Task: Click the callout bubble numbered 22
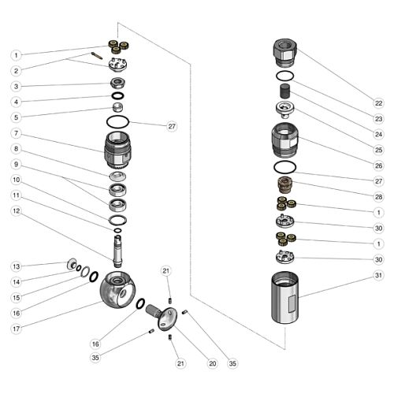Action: tap(378, 103)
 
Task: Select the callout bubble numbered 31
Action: tap(378, 275)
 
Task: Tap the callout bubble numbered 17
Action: tap(17, 329)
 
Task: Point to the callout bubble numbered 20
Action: tap(213, 363)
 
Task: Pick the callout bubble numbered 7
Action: tap(17, 133)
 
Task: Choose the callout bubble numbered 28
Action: tap(378, 197)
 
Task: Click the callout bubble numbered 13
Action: tap(17, 266)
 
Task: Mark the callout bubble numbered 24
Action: tap(378, 135)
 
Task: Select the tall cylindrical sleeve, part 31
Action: tap(285, 298)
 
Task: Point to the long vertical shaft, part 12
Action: tap(117, 251)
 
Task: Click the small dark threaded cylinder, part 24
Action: tap(285, 91)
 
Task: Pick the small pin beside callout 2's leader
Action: tap(97, 56)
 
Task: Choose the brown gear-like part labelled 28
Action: tap(284, 185)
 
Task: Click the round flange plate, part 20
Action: tap(167, 318)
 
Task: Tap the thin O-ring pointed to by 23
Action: tap(285, 76)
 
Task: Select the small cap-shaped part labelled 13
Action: tap(71, 264)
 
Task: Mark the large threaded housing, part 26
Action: tap(285, 140)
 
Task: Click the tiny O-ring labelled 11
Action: tap(117, 230)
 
